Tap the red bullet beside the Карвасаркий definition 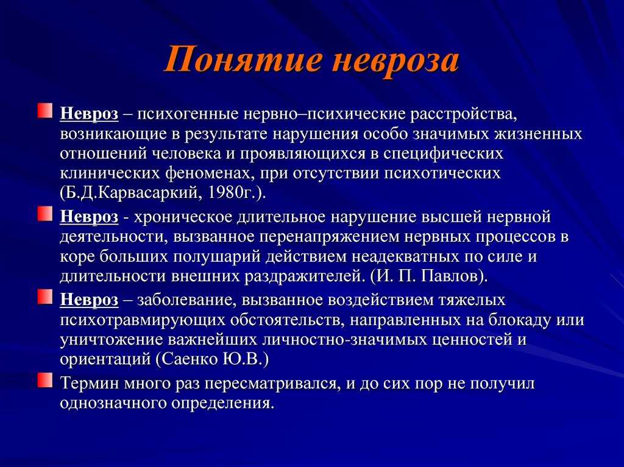click(45, 111)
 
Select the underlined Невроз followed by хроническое click(89, 217)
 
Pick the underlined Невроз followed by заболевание click(89, 300)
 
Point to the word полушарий click(216, 256)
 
